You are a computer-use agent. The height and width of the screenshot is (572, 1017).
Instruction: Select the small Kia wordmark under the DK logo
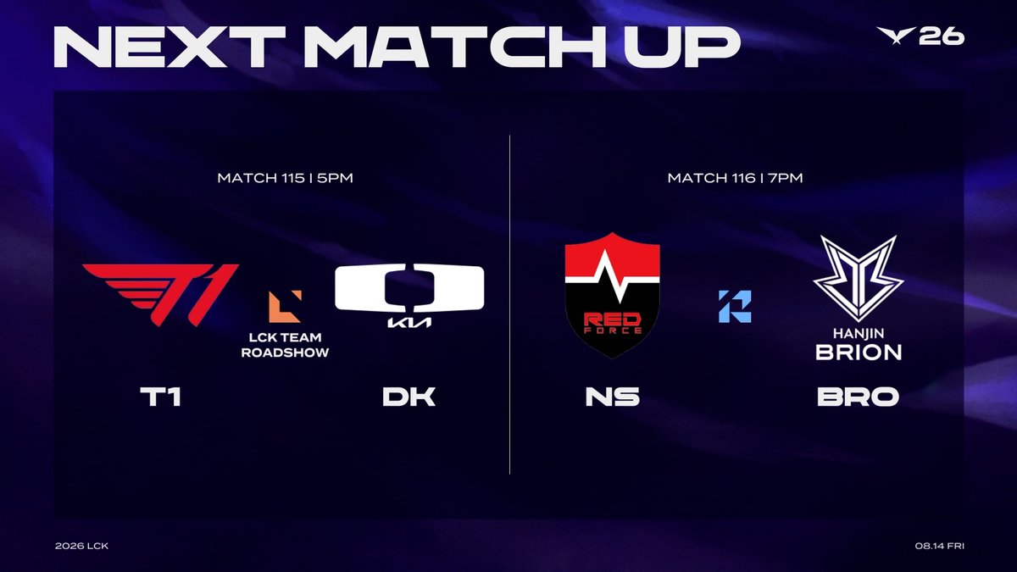[x=409, y=322]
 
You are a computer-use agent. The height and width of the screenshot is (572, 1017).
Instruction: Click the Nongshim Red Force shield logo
[x=612, y=296]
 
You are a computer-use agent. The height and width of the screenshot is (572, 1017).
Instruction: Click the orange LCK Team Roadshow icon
[x=285, y=307]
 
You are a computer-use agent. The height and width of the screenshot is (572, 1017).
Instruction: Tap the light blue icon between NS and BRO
[x=735, y=307]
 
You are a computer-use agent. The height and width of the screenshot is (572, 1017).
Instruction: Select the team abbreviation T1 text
[x=161, y=397]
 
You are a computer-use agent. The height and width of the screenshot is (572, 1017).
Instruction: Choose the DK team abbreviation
[x=409, y=397]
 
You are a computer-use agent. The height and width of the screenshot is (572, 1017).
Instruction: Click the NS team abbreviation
[x=613, y=397]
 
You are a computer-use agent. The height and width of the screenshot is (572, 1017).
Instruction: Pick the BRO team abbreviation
[x=858, y=397]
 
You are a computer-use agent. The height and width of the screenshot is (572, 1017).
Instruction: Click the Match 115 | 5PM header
[x=285, y=177]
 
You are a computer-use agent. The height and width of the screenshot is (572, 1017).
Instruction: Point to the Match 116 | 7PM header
[x=735, y=177]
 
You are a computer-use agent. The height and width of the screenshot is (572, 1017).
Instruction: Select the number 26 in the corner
[x=942, y=36]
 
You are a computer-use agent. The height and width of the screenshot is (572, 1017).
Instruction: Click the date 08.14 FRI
[x=939, y=546]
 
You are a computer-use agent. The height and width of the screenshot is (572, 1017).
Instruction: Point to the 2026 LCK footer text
[x=81, y=546]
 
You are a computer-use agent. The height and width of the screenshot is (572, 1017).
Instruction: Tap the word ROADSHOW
[x=285, y=353]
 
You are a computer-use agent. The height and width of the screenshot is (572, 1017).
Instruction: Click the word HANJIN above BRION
[x=859, y=334]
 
